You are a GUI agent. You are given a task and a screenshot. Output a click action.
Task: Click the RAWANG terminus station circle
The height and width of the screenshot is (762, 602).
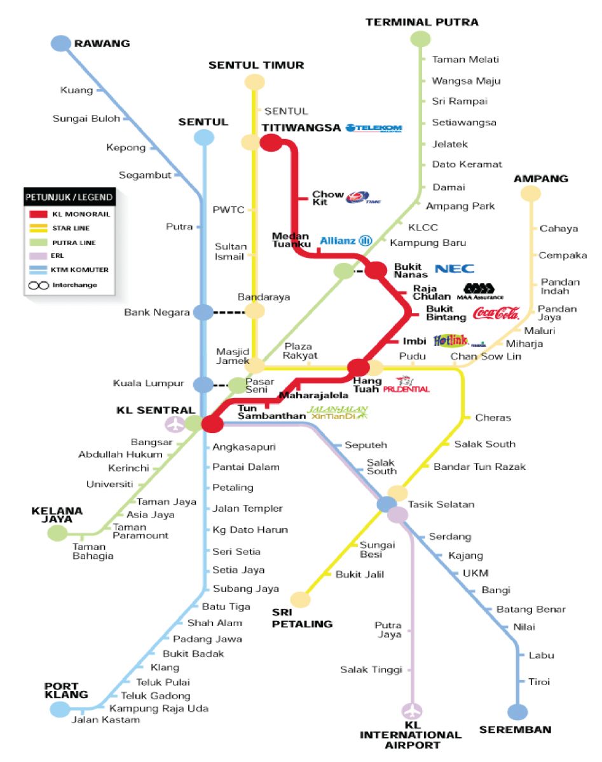(61, 43)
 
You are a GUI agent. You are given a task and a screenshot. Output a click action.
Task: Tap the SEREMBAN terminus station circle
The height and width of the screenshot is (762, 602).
(517, 712)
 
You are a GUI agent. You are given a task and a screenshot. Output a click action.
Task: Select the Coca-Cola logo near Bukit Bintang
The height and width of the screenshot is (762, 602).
(496, 313)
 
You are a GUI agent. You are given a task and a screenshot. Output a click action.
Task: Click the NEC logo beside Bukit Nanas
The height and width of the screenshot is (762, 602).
(455, 269)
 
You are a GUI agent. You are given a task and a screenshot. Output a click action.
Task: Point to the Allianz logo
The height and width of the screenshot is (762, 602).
(346, 241)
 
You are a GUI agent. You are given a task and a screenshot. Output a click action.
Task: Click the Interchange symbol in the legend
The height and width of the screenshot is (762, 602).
(39, 285)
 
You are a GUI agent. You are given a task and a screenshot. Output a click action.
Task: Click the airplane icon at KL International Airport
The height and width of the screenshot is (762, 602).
(413, 710)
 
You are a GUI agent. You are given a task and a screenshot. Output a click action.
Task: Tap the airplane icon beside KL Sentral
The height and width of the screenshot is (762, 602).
(174, 424)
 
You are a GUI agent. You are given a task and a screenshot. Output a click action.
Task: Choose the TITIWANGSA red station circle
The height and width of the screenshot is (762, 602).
(271, 143)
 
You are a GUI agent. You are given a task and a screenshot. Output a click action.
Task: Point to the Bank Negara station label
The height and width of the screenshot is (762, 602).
(157, 312)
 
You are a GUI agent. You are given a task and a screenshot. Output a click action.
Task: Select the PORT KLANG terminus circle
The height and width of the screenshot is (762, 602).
(60, 709)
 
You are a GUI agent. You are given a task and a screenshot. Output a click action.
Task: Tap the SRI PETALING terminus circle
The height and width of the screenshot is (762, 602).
(300, 599)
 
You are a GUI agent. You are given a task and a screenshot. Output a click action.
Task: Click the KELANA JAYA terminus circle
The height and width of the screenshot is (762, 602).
(57, 533)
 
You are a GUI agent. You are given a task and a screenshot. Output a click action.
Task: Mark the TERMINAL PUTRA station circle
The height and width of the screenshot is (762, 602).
(420, 39)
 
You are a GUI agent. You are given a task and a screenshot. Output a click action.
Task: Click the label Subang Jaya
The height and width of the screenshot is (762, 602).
(246, 589)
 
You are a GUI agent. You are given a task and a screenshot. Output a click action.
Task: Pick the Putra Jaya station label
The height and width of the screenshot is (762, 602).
(388, 630)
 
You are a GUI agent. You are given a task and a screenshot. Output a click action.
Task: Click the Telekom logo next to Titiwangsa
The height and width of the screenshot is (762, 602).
(374, 128)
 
